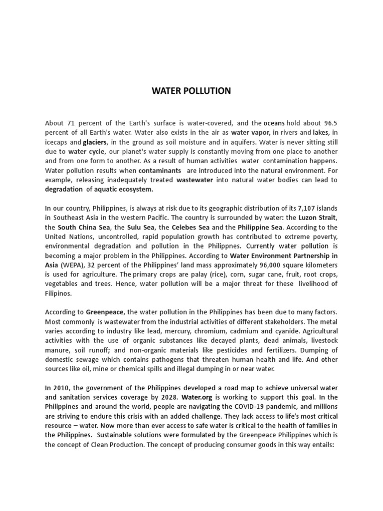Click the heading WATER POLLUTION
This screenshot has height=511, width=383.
[191, 91]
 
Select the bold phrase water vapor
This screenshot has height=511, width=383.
[250, 132]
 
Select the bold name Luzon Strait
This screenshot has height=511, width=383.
[319, 218]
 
